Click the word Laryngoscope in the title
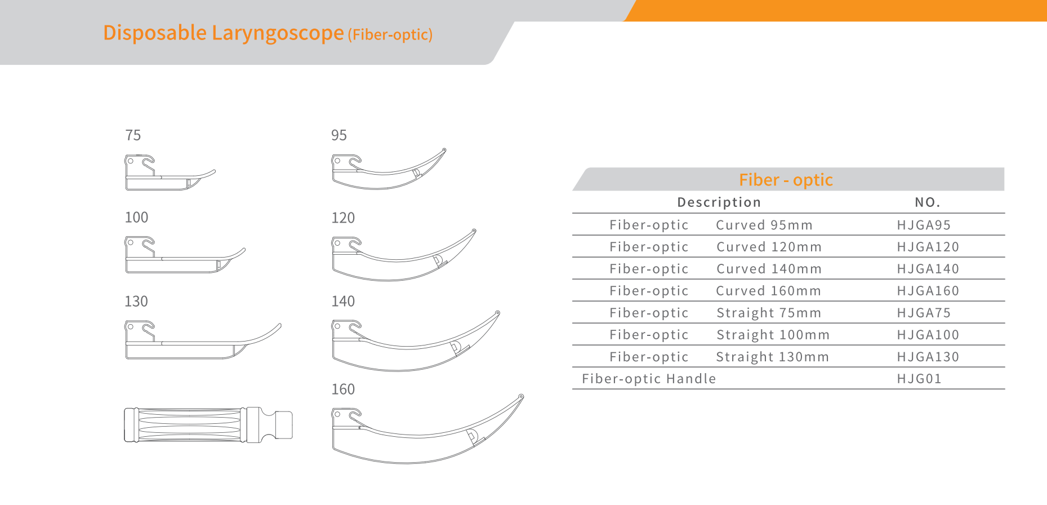(x=278, y=33)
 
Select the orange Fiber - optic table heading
(x=786, y=180)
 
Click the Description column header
(x=719, y=202)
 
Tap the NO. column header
(x=927, y=202)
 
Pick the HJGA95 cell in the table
(x=924, y=225)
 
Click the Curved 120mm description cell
(x=769, y=247)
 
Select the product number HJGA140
(x=928, y=269)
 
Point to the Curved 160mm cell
(x=768, y=291)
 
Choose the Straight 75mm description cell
(x=769, y=313)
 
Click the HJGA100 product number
(x=928, y=335)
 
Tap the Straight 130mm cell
(x=772, y=357)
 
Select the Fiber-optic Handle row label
(x=649, y=379)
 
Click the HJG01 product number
(x=919, y=379)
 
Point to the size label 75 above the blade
(x=133, y=135)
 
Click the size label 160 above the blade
(x=343, y=389)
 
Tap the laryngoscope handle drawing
(x=208, y=424)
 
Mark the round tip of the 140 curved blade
(x=497, y=313)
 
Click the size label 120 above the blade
(x=343, y=218)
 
